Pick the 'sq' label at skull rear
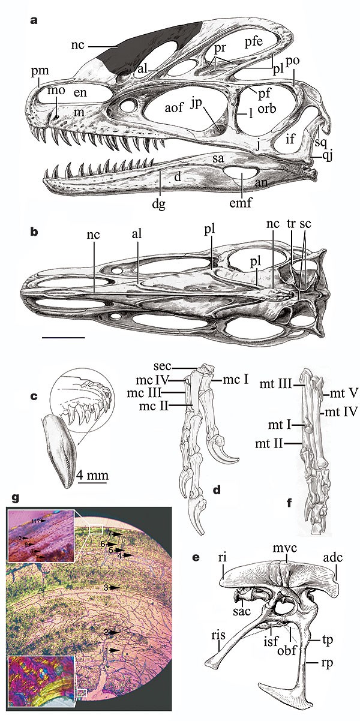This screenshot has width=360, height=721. [323, 143]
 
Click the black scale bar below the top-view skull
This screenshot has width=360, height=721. [64, 337]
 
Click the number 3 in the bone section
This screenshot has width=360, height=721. [105, 587]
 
